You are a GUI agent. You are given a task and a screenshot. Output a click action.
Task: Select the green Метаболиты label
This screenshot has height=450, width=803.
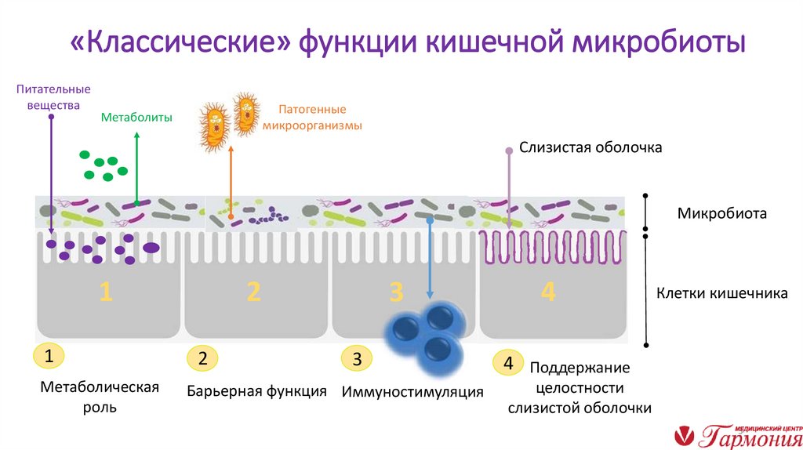(136, 117)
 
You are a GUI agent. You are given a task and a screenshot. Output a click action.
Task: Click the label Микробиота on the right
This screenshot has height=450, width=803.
(721, 213)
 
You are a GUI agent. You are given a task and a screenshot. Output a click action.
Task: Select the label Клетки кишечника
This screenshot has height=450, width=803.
(721, 294)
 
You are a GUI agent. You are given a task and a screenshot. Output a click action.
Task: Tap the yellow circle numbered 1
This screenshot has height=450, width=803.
(49, 357)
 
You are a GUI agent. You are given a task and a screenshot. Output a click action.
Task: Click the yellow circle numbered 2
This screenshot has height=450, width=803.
(202, 360)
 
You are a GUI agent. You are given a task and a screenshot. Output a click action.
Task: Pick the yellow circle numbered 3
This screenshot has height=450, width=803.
(357, 360)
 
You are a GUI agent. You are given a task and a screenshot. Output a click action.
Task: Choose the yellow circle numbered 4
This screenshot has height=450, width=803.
(508, 364)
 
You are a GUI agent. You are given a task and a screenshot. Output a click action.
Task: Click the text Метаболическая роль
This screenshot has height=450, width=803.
(100, 397)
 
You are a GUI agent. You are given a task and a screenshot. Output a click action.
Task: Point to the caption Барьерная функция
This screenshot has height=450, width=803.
(256, 390)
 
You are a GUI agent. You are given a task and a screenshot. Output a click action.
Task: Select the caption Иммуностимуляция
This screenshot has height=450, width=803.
(412, 391)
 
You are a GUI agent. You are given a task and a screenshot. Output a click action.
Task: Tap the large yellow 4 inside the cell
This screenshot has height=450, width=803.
(547, 292)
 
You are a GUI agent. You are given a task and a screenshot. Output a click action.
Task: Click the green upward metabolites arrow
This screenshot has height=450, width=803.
(136, 169)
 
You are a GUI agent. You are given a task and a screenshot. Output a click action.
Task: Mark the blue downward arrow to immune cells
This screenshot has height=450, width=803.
(430, 259)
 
